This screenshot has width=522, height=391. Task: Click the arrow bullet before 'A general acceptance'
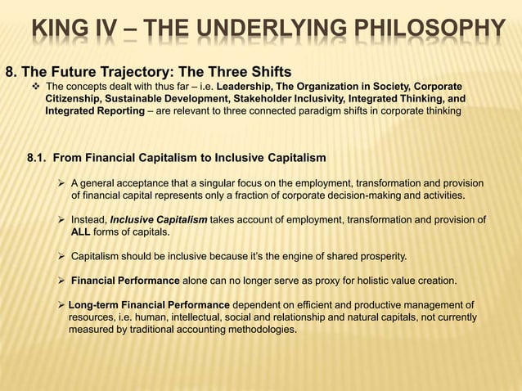[61, 183]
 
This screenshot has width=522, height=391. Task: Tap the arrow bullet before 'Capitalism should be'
[61, 257]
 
